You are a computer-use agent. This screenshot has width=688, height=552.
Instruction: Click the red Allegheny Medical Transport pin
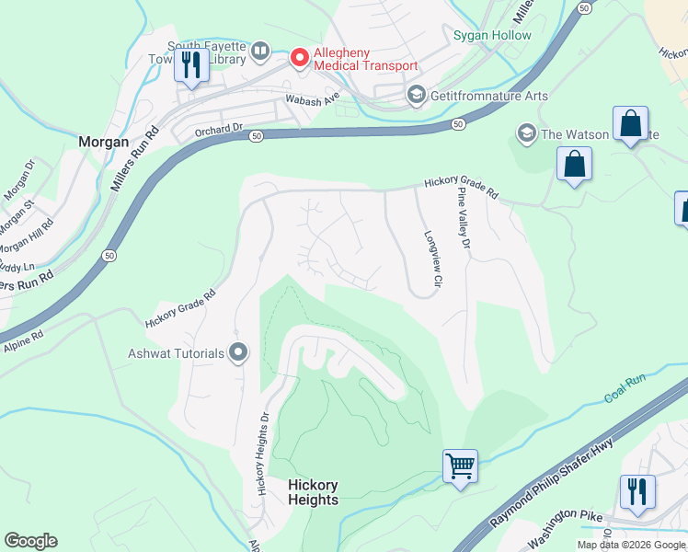tap(299, 58)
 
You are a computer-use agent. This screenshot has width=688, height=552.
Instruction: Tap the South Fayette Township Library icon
tap(260, 50)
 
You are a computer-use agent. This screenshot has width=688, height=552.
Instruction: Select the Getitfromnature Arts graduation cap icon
tap(417, 96)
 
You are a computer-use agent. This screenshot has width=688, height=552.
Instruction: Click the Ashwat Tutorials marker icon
tap(239, 353)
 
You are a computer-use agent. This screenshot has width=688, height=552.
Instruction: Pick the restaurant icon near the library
tap(191, 65)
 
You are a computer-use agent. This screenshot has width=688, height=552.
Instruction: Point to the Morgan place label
tap(103, 143)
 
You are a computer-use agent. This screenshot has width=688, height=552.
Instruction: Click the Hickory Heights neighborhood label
tap(313, 492)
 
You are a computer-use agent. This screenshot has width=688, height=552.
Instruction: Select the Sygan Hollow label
tap(492, 35)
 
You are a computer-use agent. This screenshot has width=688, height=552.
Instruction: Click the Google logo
tap(30, 541)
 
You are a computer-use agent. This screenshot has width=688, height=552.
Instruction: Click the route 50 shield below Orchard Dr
tap(257, 135)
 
